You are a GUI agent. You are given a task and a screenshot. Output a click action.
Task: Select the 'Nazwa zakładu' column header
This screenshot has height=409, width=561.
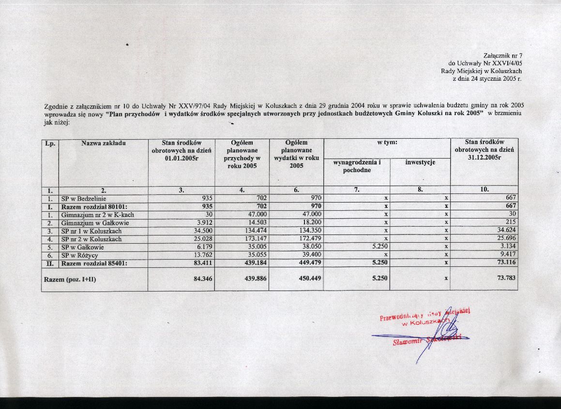point(104,143)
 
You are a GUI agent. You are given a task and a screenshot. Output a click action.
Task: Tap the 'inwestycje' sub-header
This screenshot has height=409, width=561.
point(420,162)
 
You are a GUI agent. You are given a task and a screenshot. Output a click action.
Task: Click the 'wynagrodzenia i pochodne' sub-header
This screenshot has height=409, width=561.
point(357,166)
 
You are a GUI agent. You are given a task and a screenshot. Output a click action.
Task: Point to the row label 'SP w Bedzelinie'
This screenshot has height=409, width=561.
point(84,198)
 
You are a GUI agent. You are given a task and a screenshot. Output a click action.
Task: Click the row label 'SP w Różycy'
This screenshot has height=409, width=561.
point(80,255)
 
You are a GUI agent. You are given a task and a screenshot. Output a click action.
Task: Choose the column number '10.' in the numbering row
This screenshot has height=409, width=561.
point(484,190)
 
